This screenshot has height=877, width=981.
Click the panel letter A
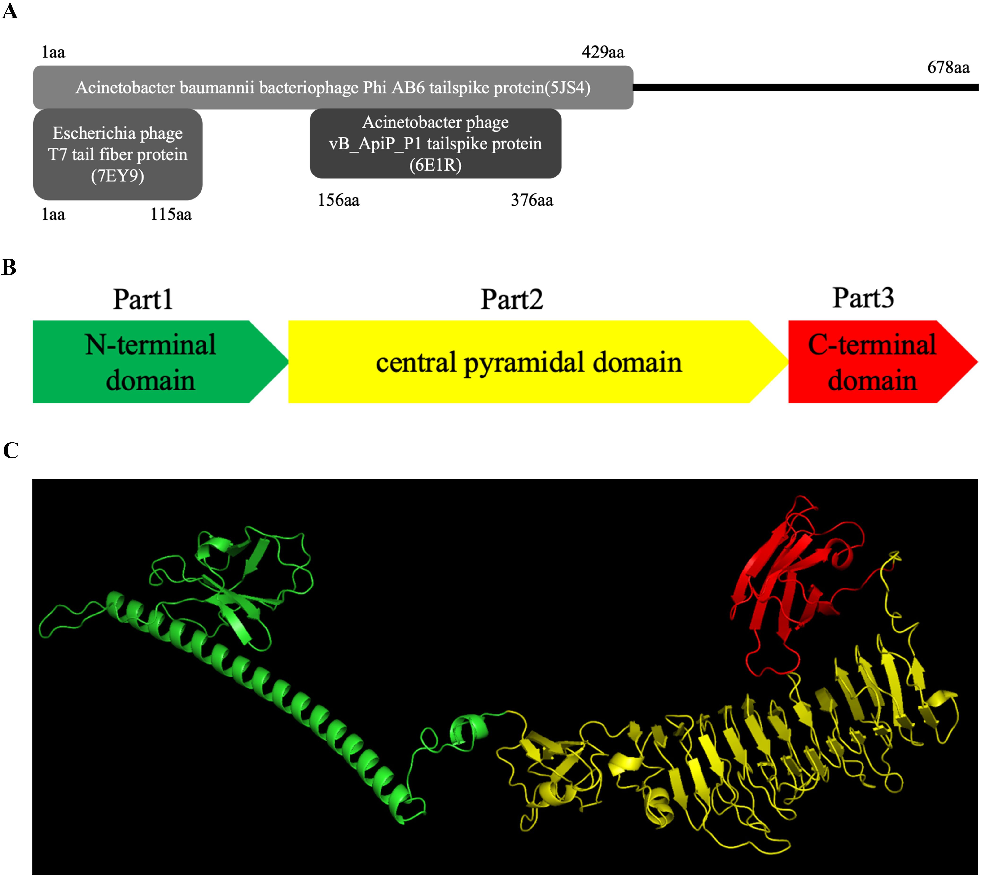(10, 11)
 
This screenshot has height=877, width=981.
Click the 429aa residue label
(603, 52)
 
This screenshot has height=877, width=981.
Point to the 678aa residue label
(948, 67)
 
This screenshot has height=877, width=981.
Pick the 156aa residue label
(338, 200)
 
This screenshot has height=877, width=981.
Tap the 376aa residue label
(532, 200)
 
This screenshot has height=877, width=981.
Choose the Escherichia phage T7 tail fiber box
(118, 154)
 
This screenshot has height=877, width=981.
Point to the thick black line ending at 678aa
(805, 87)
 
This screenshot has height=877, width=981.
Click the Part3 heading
(863, 298)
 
